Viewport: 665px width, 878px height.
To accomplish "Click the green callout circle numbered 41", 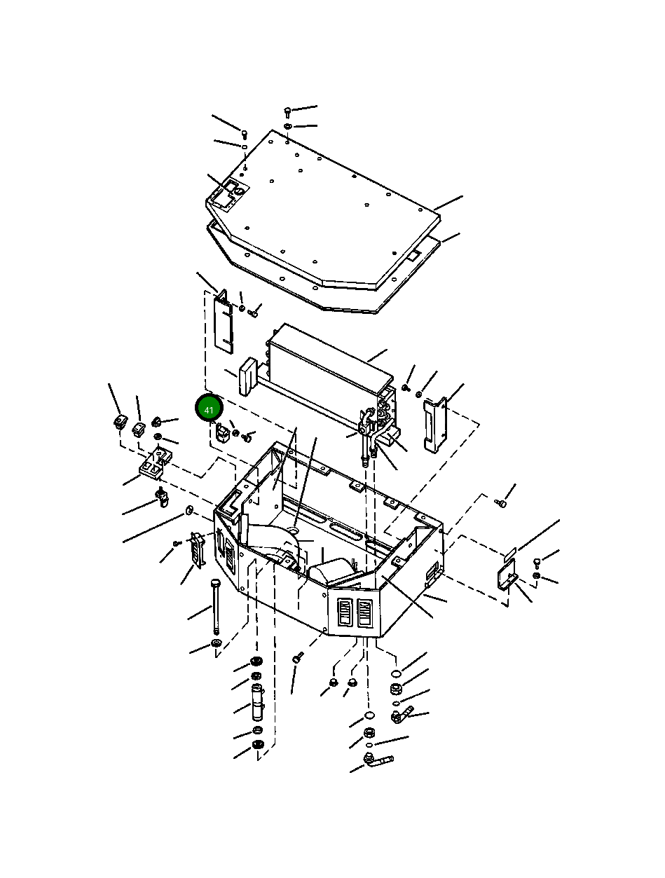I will [x=208, y=409].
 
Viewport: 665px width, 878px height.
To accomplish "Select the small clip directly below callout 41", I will [x=222, y=434].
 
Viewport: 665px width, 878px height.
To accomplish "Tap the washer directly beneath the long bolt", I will [x=216, y=643].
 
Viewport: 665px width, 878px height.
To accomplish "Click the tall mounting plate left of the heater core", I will [x=223, y=321].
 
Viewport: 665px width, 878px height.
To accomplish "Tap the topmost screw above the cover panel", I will [x=287, y=111].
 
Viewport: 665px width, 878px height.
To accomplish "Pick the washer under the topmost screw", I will [x=288, y=127].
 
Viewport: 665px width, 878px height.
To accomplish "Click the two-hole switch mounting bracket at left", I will [x=156, y=464].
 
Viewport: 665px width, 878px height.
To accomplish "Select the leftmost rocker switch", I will [x=120, y=422].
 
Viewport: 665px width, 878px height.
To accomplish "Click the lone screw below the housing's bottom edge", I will [x=298, y=657].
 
